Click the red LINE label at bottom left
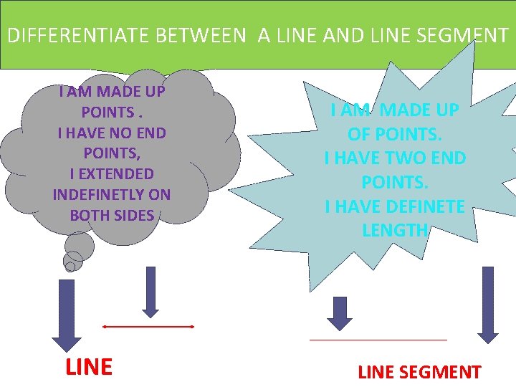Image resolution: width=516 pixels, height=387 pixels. tap(89, 367)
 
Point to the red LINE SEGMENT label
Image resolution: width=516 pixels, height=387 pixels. tap(419, 372)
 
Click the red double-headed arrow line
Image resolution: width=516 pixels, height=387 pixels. tap(148, 326)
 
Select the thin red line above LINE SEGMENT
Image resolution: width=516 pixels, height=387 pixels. tap(378, 339)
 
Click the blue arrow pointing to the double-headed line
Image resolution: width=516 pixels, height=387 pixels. tap(150, 291)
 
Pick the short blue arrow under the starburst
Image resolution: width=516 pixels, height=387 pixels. tap(340, 312)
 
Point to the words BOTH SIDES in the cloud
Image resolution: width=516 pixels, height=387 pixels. tap(112, 215)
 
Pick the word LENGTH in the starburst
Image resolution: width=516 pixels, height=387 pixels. tap(395, 230)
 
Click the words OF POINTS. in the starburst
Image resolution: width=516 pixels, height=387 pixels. tap(395, 134)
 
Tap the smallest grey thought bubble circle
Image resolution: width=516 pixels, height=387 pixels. tap(70, 267)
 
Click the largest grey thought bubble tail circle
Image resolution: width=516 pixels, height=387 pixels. tap(79, 245)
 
